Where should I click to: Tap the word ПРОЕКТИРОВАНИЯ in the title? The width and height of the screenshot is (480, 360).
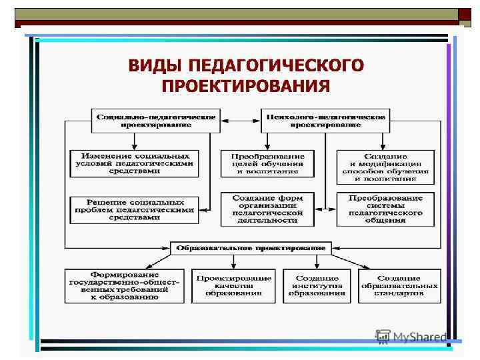[246, 86]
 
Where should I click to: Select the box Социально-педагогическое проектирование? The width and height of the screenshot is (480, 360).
[156, 121]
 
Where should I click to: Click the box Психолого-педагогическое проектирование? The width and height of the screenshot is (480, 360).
[325, 121]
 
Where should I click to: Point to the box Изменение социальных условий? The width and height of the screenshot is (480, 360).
[135, 163]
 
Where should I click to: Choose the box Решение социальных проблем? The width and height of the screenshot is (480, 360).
[135, 209]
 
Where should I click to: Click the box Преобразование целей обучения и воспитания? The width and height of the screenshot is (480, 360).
[267, 163]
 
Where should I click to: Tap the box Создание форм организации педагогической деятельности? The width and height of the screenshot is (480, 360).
[267, 209]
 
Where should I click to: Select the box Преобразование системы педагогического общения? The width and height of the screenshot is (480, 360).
[385, 209]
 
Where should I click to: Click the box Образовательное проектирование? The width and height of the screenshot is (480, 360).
[250, 247]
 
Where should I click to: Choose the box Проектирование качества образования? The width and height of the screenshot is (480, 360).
[232, 286]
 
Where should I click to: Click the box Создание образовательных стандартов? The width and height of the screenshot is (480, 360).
[400, 286]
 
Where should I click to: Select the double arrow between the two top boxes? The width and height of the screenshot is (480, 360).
[238, 121]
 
